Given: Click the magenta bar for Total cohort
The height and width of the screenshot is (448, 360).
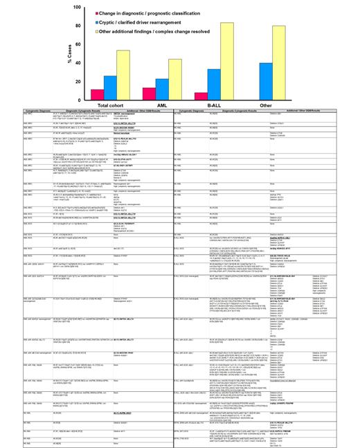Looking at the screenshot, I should (x=98, y=94).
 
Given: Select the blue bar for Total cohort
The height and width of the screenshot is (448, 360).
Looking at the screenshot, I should (x=111, y=88).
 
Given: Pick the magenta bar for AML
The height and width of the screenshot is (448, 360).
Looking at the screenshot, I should (x=150, y=93).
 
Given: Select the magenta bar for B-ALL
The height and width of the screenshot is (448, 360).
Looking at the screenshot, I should (x=201, y=96).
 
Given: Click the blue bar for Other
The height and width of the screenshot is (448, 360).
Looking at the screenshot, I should (x=266, y=82).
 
